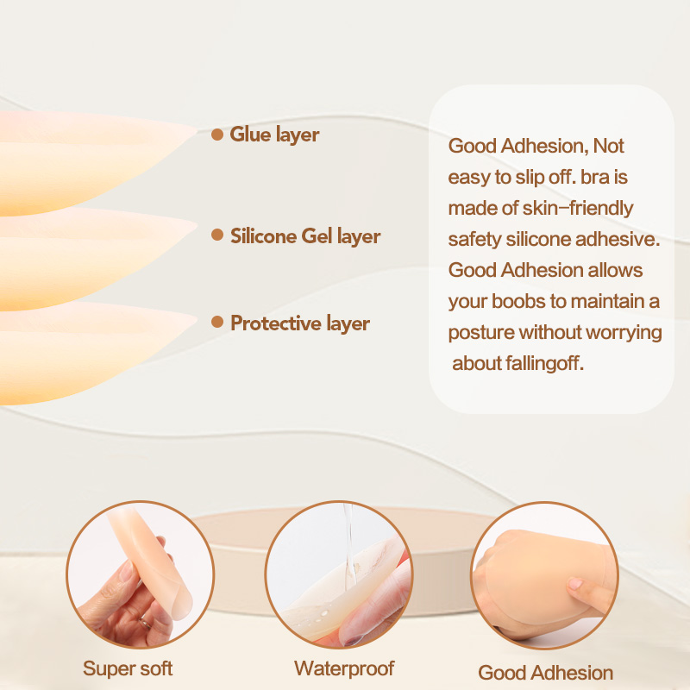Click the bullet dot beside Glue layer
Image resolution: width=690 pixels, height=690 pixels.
217,135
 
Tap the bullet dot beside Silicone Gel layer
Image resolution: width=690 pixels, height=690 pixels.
217,235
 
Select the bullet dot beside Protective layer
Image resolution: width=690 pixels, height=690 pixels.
217,322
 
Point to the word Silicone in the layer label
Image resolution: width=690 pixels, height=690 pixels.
264,235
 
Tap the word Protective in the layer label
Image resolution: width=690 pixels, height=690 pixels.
275,323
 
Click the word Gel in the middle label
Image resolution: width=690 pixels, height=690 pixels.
317,235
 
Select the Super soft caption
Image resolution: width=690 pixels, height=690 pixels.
128,668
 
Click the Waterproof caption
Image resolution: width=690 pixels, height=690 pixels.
344,668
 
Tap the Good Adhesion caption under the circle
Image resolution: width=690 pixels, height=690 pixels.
546,673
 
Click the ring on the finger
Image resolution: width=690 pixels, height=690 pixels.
145,623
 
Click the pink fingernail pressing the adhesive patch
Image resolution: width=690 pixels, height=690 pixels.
575,584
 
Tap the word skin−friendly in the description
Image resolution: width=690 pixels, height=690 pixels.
578,208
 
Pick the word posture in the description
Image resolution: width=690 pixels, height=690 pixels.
481,333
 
